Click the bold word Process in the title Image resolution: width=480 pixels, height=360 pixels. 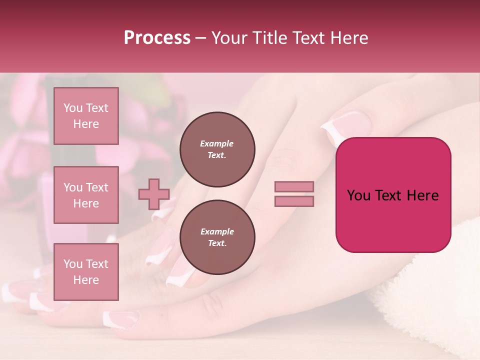click(157, 37)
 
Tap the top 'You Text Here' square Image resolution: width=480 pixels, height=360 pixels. click(86, 116)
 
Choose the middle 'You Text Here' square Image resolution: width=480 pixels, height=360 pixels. click(86, 195)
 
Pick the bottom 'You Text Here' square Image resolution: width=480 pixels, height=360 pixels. click(86, 272)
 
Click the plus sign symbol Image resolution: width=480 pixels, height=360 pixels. click(154, 194)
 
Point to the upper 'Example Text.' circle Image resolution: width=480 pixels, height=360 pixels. click(217, 149)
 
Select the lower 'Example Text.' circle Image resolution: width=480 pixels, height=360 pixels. click(217, 237)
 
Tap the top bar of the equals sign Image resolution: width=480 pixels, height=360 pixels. click(294, 186)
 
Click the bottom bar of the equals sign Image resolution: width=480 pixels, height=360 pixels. click(294, 201)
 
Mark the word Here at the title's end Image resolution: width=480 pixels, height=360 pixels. click(349, 38)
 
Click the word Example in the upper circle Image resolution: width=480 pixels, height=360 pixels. click(216, 144)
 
